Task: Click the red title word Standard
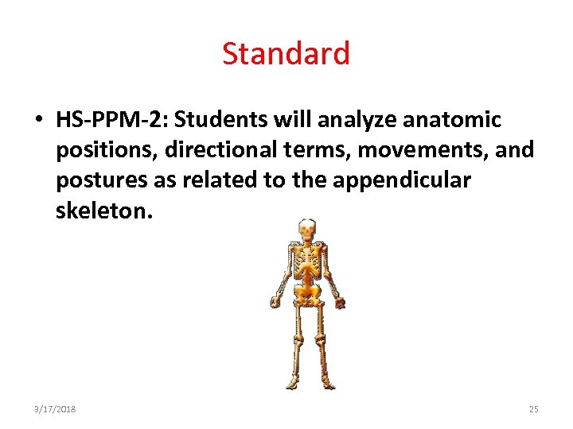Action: [286, 54]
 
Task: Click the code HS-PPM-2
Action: [111, 120]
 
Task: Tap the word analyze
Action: [358, 120]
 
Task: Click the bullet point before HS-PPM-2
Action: [38, 121]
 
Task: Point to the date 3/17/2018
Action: [56, 409]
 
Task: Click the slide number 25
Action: [533, 409]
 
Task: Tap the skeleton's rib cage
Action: [306, 266]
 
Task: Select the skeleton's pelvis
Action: [306, 296]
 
